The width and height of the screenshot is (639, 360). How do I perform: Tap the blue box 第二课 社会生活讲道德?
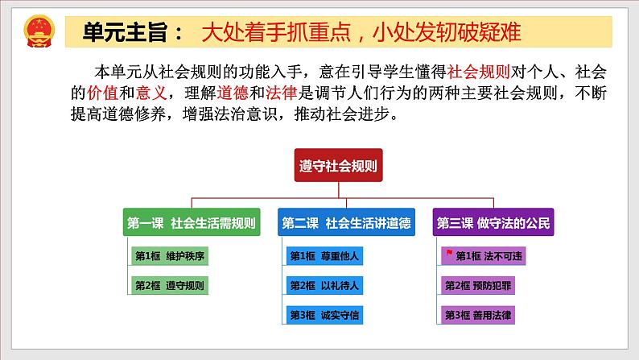tap(335, 223)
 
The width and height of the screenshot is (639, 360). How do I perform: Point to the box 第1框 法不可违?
tap(485, 257)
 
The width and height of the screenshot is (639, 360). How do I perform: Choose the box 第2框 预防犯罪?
tap(485, 285)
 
